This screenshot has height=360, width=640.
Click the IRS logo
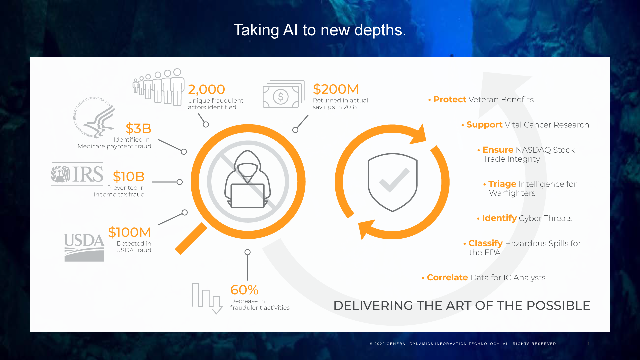click(77, 174)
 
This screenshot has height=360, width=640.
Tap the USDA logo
click(84, 247)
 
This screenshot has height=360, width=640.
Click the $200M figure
click(336, 89)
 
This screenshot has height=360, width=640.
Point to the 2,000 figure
click(206, 89)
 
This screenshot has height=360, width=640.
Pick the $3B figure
click(138, 128)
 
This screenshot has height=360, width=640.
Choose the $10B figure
click(129, 176)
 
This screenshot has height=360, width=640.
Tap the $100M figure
click(129, 232)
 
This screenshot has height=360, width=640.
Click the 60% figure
click(244, 290)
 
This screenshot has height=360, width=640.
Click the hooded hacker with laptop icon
click(248, 180)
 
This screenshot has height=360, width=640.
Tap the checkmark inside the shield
click(394, 180)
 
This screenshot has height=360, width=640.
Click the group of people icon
click(159, 87)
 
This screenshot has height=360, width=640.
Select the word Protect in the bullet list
click(450, 100)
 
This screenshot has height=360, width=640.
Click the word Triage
click(502, 184)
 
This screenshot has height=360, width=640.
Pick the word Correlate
click(447, 278)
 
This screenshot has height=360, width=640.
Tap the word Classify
click(485, 243)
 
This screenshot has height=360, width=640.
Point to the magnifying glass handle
click(191, 239)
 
